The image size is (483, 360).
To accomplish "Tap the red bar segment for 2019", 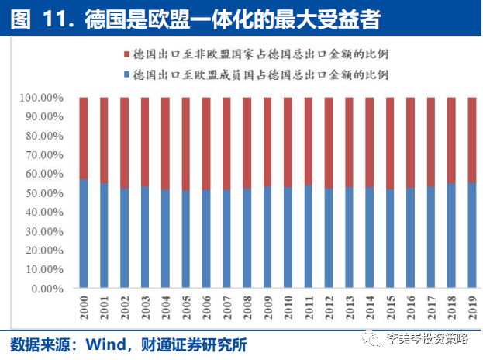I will coord(472,140).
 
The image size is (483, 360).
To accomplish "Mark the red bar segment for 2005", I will coord(186,144).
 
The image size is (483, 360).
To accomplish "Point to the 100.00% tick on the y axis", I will coord(41,99).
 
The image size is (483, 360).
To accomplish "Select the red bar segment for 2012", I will coord(329,143).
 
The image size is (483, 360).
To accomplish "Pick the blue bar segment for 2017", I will coord(431,237).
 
